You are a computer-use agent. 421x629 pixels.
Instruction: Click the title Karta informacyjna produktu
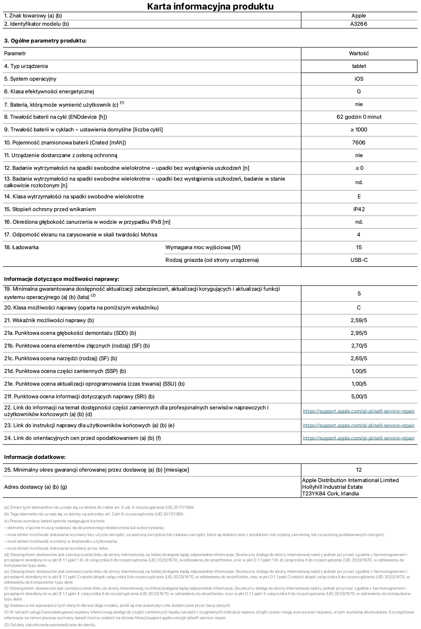coord(210,6)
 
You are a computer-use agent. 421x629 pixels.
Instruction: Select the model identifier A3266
coord(359,24)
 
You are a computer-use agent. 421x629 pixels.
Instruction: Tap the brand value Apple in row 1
coord(359,16)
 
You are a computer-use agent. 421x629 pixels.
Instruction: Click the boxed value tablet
coord(359,66)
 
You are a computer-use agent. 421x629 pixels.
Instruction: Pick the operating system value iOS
coord(359,79)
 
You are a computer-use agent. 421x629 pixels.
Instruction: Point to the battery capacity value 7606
coord(359,142)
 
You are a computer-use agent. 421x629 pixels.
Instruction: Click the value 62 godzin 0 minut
coord(359,117)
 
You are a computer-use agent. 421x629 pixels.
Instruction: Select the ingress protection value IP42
coord(359,209)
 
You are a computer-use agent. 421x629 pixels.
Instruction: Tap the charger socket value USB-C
coord(359,260)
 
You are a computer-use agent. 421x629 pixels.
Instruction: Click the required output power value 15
coord(359,247)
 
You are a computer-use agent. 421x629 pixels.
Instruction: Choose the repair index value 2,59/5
coord(359,320)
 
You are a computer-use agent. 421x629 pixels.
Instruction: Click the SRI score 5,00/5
coord(359,396)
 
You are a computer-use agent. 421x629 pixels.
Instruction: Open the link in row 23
coord(359,425)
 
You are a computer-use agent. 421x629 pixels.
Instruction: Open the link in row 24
coord(359,438)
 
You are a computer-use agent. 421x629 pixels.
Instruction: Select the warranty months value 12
coord(359,470)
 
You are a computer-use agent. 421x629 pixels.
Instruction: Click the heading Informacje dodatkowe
coord(35,457)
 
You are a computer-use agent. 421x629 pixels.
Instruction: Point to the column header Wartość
coord(359,53)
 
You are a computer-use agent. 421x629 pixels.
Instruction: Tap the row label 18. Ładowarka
coord(21,247)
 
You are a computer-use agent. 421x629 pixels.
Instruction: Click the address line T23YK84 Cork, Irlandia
coord(330,493)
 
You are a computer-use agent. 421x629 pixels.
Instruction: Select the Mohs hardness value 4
coord(359,235)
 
